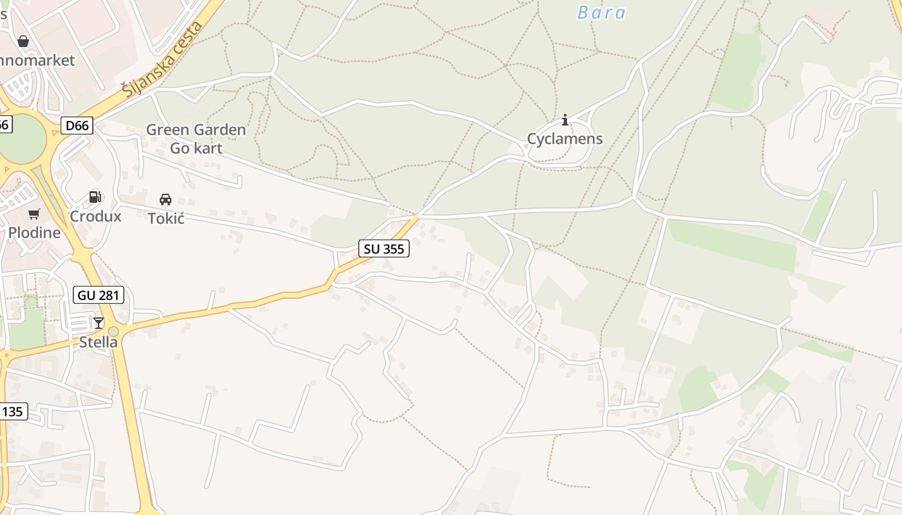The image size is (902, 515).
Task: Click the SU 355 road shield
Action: coord(383,248)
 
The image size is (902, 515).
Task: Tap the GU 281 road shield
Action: coord(99,295)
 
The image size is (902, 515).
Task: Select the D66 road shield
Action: coord(77,126)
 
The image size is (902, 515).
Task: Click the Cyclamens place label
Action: coord(565,138)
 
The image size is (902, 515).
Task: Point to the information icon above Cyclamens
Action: coord(565,120)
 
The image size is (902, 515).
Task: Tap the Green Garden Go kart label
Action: coord(196,139)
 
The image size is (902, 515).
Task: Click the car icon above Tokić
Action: coord(166,199)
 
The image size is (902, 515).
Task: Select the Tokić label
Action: coord(166,218)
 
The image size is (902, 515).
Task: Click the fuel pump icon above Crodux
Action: coord(95,197)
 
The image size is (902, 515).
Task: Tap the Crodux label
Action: coord(95,216)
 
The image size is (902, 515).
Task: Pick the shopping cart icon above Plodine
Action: coord(34,214)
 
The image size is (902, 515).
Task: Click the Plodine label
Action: coord(34,232)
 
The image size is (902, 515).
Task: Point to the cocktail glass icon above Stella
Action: coord(99,323)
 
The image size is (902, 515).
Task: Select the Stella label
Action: coord(99,342)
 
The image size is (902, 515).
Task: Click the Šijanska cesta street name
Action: coord(163,59)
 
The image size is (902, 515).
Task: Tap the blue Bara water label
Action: coord(601,13)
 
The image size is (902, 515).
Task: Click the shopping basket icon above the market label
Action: coord(23,42)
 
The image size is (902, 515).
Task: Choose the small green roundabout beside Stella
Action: coord(113,332)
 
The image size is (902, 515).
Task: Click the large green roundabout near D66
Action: coord(23,139)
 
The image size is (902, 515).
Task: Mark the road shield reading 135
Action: coord(13,411)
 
